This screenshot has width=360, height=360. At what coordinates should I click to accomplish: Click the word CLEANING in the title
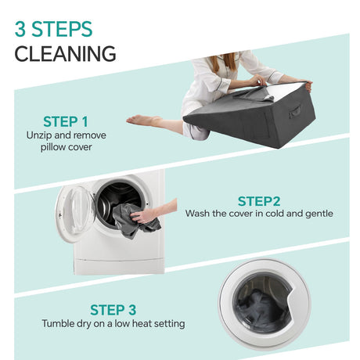coord(65,54)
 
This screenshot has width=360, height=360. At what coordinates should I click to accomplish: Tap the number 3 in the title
coord(20,29)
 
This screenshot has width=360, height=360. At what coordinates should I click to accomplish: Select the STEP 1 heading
coord(66,121)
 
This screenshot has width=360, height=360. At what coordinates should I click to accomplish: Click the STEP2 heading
coord(259,201)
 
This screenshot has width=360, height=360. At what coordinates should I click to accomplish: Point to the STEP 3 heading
coord(113,310)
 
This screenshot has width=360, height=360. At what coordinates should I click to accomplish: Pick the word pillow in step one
coord(52,147)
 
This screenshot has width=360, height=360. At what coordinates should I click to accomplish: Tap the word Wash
coord(197,214)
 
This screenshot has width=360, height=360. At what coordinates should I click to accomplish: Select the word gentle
coord(319,214)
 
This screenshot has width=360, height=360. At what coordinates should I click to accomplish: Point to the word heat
coord(142,323)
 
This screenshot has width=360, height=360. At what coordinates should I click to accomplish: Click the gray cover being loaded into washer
coord(135,221)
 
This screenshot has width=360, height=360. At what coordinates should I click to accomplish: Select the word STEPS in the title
coord(62,29)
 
